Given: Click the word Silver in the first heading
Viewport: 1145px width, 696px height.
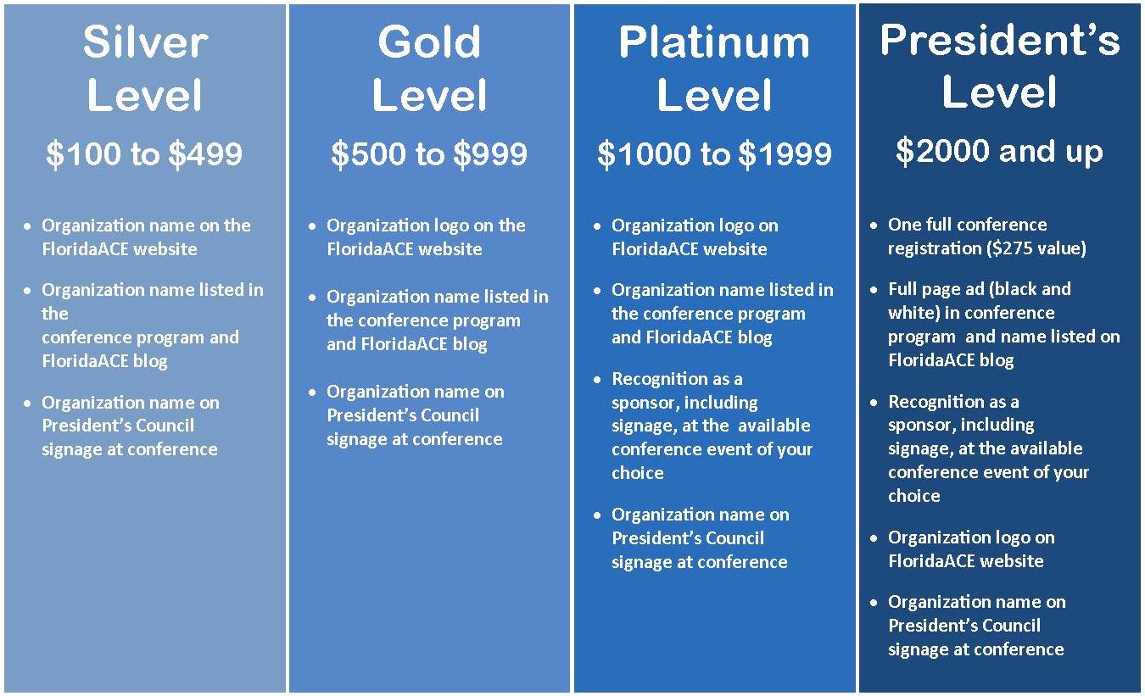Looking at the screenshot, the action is pyautogui.click(x=145, y=42).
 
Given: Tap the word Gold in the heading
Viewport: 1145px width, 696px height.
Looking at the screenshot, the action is pyautogui.click(x=429, y=42).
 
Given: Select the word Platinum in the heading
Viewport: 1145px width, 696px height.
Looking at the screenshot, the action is pyautogui.click(x=714, y=43).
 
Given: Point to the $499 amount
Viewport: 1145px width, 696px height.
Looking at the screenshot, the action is pyautogui.click(x=205, y=153).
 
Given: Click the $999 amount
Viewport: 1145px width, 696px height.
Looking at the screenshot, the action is pyautogui.click(x=490, y=153).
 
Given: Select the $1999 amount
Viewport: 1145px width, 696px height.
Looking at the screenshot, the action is pyautogui.click(x=785, y=153).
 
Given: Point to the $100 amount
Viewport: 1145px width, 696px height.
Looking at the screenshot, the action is pyautogui.click(x=83, y=153).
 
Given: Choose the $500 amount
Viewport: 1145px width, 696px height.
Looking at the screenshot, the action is pyautogui.click(x=368, y=153).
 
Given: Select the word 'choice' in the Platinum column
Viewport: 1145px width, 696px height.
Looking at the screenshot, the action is pyautogui.click(x=638, y=473).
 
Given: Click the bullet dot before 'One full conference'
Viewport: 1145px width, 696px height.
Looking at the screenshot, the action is pyautogui.click(x=874, y=225).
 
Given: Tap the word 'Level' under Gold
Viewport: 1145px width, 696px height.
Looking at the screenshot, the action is pyautogui.click(x=429, y=95).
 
